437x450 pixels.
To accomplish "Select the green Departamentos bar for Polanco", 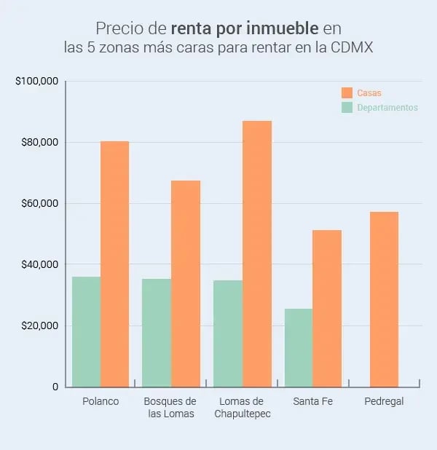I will tap(86, 331).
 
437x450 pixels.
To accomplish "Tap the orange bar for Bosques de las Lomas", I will tap(185, 283).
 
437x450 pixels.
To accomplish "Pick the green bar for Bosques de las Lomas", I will tap(156, 332).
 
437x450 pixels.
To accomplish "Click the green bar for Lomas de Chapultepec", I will tap(228, 333).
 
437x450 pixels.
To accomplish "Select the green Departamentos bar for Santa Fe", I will tap(299, 347).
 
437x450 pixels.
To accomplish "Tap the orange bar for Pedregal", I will tap(384, 299).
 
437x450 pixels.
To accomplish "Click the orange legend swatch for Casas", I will tap(347, 93).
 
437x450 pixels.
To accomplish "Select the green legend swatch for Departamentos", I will tap(347, 107).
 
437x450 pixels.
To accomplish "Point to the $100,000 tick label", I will tap(36, 81).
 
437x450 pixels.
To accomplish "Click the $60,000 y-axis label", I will tap(39, 203).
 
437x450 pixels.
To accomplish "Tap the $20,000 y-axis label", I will tap(39, 325).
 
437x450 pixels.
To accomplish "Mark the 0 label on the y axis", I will tap(55, 387).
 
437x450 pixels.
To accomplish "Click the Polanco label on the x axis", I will tap(101, 401).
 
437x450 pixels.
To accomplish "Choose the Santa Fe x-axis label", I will tap(312, 401).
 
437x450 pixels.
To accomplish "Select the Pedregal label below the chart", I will tap(384, 401).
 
